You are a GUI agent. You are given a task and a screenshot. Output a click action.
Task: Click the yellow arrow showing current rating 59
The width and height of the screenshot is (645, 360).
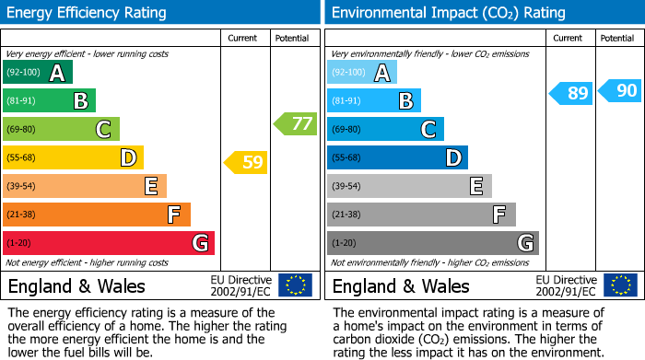pos(246,163)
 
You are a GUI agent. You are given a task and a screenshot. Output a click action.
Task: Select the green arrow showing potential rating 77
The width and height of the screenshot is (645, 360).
pos(295,123)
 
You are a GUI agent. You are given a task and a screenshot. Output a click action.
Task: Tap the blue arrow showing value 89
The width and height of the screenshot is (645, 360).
pos(571,93)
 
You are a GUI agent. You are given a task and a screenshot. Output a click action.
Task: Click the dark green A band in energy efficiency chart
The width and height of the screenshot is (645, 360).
pos(38,73)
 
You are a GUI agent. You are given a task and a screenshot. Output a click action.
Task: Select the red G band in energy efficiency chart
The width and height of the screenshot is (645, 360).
pos(109,243)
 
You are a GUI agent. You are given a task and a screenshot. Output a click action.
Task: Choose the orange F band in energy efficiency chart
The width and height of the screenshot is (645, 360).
pos(97,215)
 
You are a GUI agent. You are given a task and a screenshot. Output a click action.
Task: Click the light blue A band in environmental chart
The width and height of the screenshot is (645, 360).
pos(362,73)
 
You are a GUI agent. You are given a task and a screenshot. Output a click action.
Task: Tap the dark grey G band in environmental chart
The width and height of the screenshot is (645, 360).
pos(433,243)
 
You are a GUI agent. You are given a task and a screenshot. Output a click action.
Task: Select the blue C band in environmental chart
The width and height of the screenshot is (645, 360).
pos(386,129)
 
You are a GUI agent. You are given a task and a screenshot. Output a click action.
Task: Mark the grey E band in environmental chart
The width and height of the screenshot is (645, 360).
pos(409,186)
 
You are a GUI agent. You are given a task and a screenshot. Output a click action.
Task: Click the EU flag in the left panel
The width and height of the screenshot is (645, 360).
pos(295,285)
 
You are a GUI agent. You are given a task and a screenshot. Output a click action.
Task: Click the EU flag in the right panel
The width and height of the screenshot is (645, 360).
pos(619,285)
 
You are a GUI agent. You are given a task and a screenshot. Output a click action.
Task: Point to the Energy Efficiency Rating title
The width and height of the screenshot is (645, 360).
pos(88,13)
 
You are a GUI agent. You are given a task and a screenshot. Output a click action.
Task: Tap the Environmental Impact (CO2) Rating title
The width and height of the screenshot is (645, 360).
pos(448,13)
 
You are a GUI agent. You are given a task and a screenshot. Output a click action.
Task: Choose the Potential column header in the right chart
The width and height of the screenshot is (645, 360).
pos(617,38)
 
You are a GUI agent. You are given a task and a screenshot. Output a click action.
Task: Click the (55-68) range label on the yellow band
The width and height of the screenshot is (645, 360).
pos(23,158)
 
